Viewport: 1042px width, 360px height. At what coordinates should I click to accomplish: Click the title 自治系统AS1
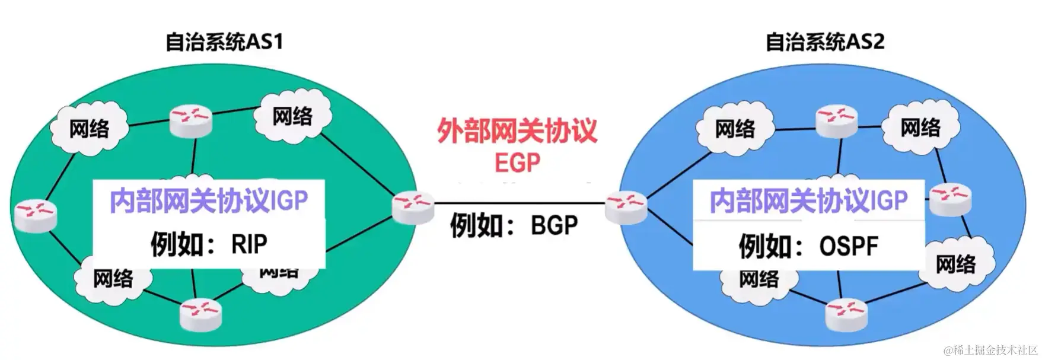[224, 42]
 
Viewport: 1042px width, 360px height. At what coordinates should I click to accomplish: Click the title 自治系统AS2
[824, 42]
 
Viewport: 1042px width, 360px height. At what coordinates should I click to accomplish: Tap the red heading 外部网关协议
[517, 131]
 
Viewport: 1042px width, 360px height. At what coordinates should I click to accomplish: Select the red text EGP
[517, 162]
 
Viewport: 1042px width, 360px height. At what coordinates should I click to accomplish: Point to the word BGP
[554, 225]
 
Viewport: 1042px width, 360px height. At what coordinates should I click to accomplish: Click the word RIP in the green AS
[249, 244]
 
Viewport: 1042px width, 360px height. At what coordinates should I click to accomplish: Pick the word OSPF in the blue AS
[848, 246]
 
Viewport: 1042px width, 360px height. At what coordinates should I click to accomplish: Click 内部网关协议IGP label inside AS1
[209, 201]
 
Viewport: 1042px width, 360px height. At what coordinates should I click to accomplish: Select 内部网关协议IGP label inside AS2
[808, 201]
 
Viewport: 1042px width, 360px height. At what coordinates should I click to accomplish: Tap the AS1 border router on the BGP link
[413, 208]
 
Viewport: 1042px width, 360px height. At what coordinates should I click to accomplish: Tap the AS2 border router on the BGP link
[626, 208]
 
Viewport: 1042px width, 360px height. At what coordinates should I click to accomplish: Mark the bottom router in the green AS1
[200, 314]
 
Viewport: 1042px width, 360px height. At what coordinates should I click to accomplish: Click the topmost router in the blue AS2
[836, 120]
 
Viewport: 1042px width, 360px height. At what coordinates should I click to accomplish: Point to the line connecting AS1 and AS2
[519, 203]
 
